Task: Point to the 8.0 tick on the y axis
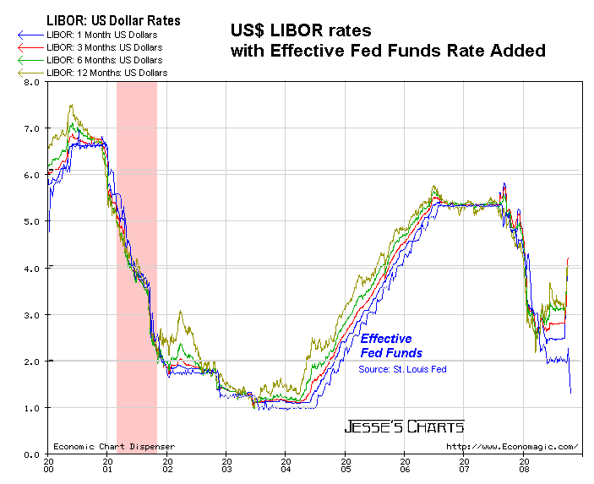pos(31,82)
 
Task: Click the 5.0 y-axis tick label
pos(31,221)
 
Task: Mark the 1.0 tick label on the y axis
pos(31,408)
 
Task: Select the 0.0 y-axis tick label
pos(31,454)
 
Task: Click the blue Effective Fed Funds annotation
pos(391,345)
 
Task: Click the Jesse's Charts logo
pos(404,427)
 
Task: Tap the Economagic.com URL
pos(511,447)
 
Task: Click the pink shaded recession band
pos(136,253)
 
